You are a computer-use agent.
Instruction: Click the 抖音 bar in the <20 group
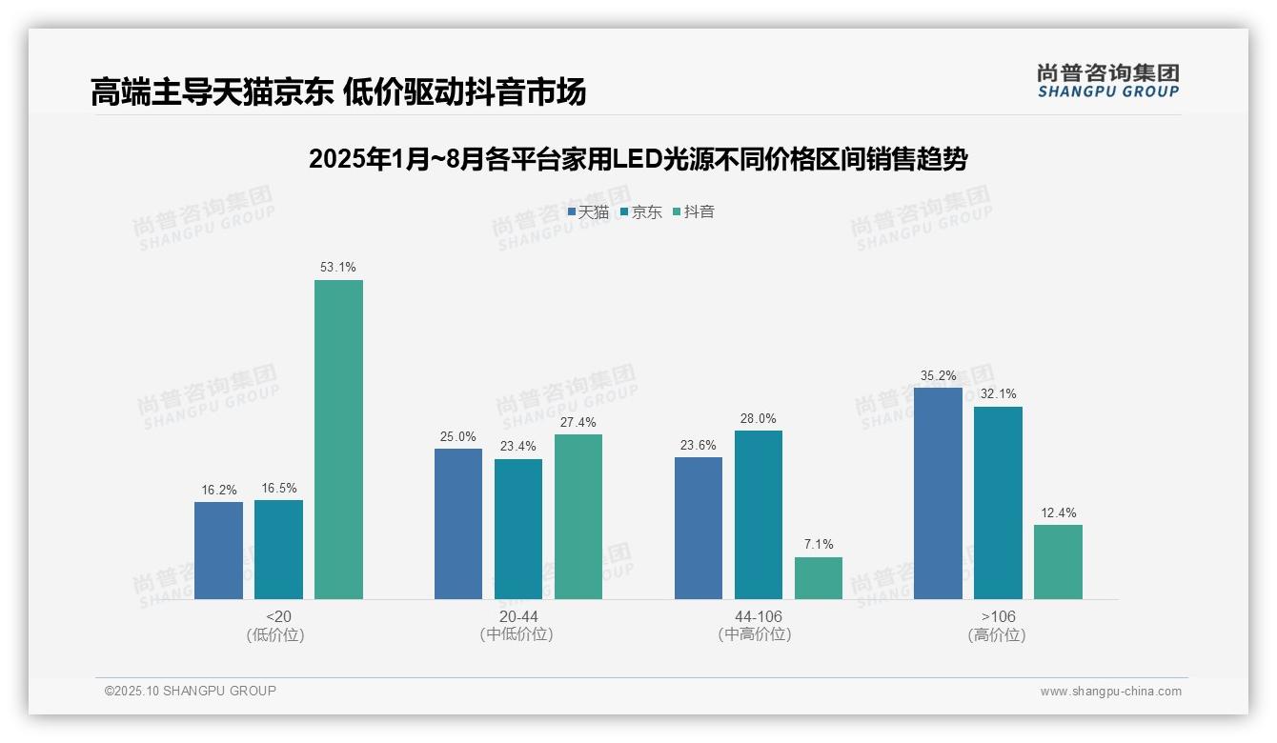pyautogui.click(x=338, y=439)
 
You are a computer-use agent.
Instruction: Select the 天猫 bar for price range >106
pyautogui.click(x=938, y=493)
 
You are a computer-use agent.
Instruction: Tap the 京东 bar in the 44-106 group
pyautogui.click(x=758, y=514)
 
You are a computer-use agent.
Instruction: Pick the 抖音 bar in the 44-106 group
pyautogui.click(x=818, y=578)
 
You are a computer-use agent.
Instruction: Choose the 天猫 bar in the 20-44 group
pyautogui.click(x=458, y=524)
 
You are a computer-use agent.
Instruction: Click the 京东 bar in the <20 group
pyautogui.click(x=278, y=550)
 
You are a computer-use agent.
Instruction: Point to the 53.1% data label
pyautogui.click(x=338, y=268)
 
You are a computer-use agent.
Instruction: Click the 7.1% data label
pyautogui.click(x=818, y=545)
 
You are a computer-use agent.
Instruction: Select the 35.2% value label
pyautogui.click(x=938, y=375)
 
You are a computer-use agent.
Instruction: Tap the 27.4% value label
pyautogui.click(x=578, y=422)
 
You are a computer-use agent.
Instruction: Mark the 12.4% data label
pyautogui.click(x=1058, y=512)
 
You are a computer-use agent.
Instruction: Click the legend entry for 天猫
pyautogui.click(x=588, y=212)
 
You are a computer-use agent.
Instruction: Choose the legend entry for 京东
pyautogui.click(x=640, y=212)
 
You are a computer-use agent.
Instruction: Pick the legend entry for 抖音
pyautogui.click(x=694, y=212)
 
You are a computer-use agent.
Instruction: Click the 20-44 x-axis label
pyautogui.click(x=517, y=617)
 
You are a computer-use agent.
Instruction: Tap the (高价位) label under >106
pyautogui.click(x=997, y=635)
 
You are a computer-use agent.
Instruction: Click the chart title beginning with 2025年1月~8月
pyautogui.click(x=638, y=159)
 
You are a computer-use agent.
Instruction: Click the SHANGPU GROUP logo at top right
pyautogui.click(x=1107, y=81)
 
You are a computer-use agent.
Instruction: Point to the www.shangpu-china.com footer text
pyautogui.click(x=1110, y=692)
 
